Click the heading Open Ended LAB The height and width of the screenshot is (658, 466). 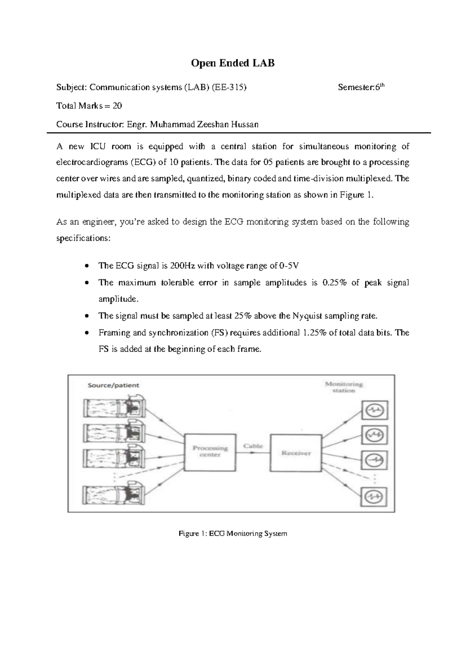tap(233, 63)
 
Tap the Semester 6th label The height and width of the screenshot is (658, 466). tap(361, 87)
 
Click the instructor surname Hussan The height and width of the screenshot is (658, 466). tap(243, 124)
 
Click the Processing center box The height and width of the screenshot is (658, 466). tap(210, 452)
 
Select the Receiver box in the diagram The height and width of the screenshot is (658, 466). tap(296, 453)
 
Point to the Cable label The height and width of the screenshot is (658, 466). tap(253, 446)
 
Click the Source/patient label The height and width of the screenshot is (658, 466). tap(113, 385)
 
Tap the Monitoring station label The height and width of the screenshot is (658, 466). tap(344, 387)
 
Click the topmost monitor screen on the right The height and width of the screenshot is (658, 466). tap(375, 410)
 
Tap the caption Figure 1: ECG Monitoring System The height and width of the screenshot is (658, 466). tap(233, 533)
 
